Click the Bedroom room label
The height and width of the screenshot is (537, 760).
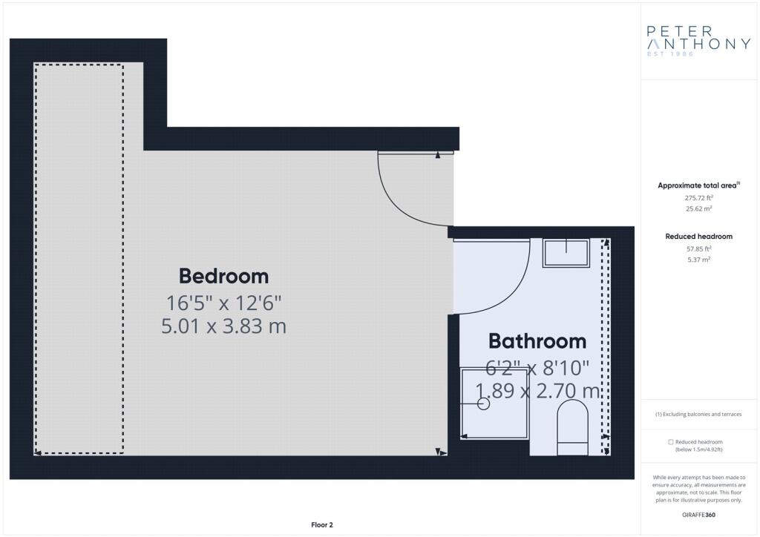223,276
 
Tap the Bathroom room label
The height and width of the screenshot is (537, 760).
537,341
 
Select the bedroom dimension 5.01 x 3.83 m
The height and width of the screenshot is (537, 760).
223,326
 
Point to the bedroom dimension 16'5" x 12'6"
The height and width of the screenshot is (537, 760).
223,303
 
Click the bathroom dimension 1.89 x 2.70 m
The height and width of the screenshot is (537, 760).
537,390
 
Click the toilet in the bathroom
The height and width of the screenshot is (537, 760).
572,427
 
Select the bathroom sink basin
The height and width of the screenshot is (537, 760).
566,252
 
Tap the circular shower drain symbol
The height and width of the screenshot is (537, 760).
483,403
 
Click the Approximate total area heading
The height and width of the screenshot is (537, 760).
697,185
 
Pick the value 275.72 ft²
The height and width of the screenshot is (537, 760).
698,197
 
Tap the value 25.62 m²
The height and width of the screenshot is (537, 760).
698,208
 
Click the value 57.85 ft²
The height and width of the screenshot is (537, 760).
698,249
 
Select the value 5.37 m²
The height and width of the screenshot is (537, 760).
698,260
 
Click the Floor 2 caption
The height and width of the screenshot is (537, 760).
322,525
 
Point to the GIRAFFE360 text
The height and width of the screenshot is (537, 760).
698,515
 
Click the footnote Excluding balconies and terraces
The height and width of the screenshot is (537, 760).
698,414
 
